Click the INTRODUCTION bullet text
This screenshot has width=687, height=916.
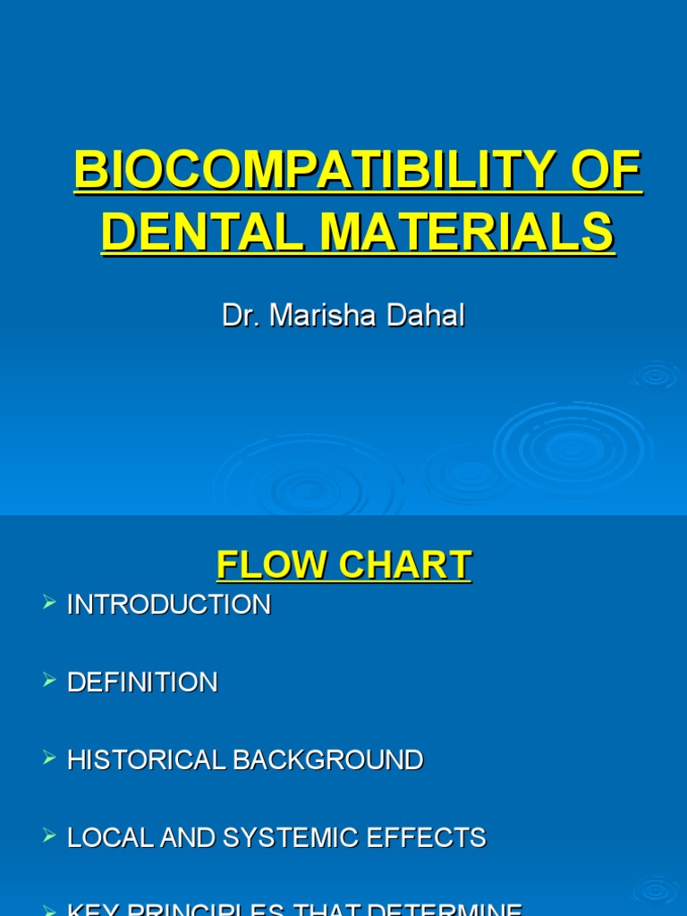(169, 605)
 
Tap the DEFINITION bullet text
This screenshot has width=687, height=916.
(142, 683)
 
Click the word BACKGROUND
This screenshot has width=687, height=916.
(328, 760)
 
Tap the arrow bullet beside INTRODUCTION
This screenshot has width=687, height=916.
(49, 604)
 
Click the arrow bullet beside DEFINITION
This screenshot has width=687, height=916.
(49, 682)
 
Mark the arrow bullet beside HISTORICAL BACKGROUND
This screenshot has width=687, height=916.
(49, 759)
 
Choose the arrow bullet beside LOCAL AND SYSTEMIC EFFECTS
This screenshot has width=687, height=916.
(49, 837)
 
